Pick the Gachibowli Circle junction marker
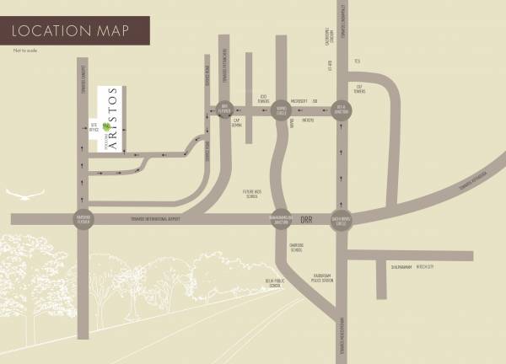coord(342,219)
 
